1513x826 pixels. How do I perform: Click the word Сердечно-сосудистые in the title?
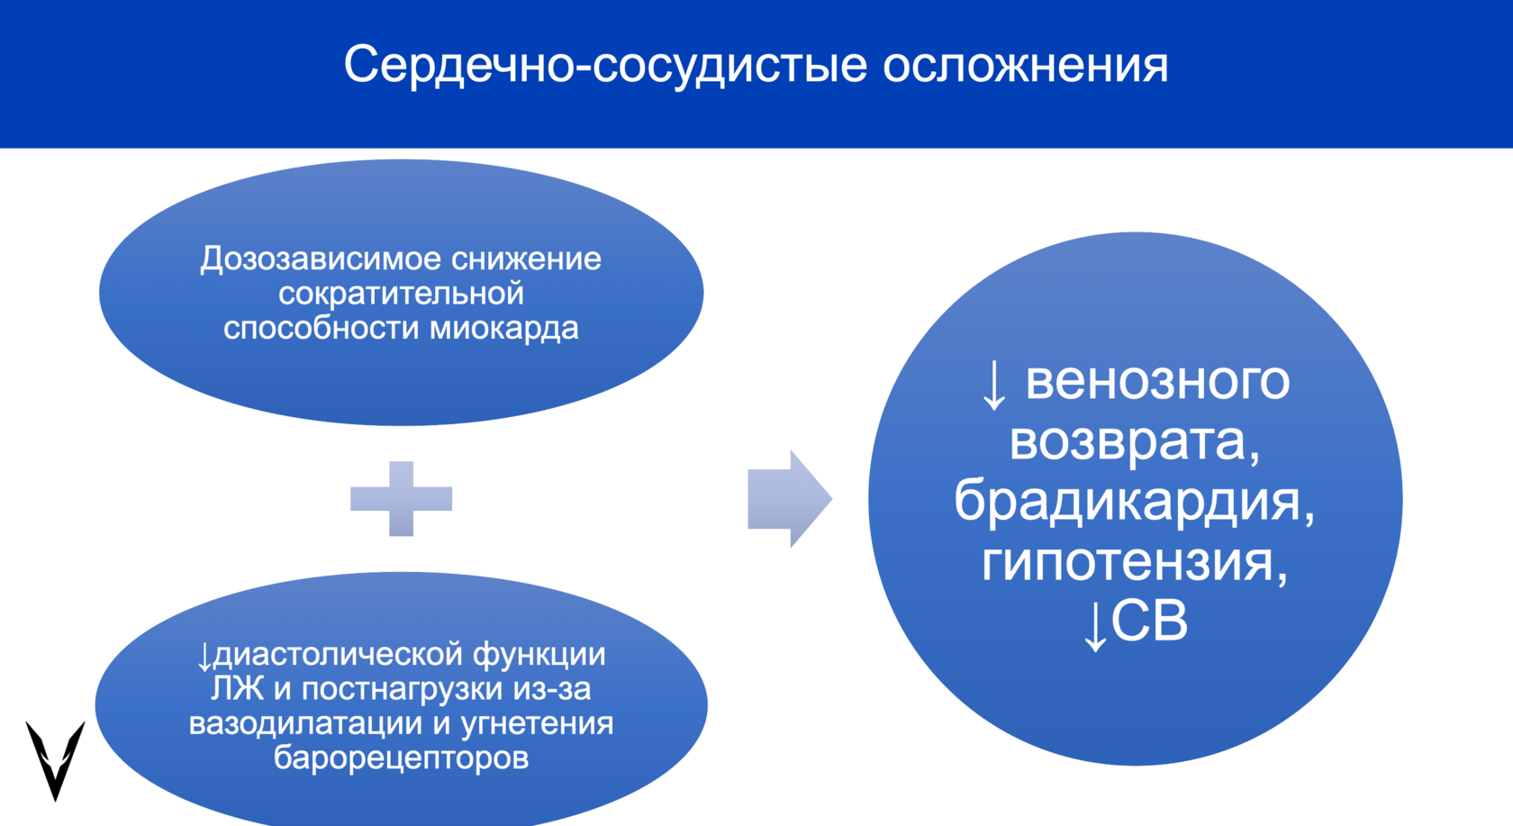(605, 65)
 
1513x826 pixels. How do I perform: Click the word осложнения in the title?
(1025, 65)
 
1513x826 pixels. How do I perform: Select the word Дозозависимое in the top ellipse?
(320, 259)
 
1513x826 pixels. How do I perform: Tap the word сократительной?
(401, 294)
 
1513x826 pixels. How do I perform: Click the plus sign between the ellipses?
(401, 498)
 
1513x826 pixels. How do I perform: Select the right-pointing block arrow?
(789, 498)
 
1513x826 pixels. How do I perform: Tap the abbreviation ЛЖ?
(237, 689)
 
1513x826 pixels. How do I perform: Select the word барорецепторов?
(401, 758)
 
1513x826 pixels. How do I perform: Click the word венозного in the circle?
(1157, 381)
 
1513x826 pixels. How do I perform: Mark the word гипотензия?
(1128, 561)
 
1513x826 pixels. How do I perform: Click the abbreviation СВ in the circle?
(1149, 622)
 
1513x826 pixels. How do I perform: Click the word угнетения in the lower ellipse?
(537, 723)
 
